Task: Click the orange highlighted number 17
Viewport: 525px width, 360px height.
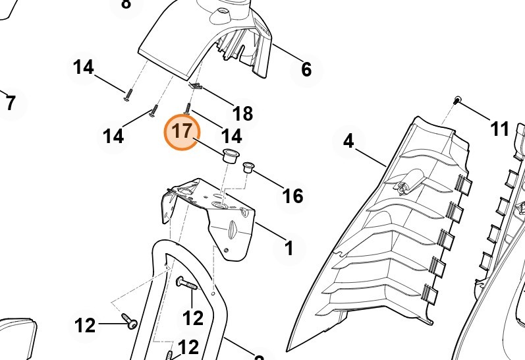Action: pos(181,133)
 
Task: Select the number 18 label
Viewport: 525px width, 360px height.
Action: pos(242,113)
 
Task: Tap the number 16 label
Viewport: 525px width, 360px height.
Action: pos(292,195)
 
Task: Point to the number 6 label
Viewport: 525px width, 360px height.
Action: pos(306,69)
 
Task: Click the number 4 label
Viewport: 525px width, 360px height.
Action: pos(348,140)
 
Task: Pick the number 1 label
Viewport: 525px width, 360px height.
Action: pos(288,249)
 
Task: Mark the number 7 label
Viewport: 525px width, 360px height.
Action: pos(10,104)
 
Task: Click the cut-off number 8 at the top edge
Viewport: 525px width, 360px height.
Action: pos(126,4)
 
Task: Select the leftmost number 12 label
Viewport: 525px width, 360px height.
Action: pos(85,325)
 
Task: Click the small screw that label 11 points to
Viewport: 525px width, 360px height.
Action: pos(457,99)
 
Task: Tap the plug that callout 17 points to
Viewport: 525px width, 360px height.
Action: pos(229,156)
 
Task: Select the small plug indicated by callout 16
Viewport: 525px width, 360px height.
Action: pos(249,167)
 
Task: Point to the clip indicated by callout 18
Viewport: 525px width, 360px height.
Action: pos(195,86)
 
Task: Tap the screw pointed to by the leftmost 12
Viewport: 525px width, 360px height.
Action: pos(129,322)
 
